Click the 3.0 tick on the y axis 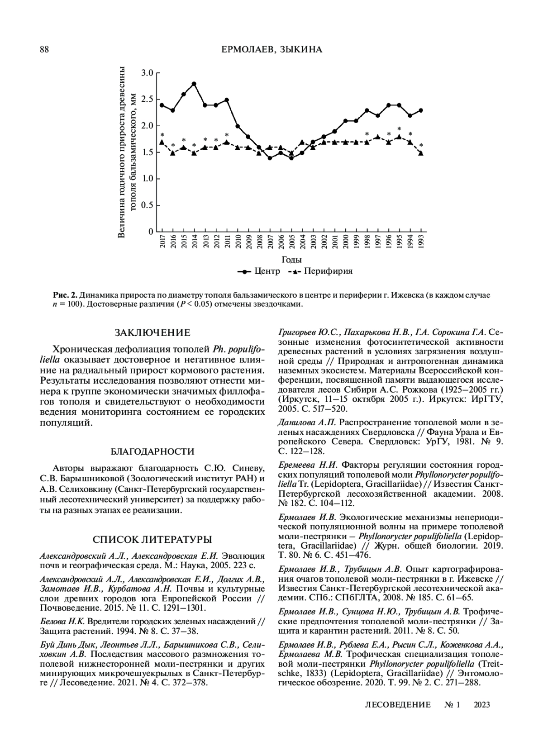[x=148, y=72]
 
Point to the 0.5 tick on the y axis [x=148, y=205]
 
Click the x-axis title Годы [x=292, y=260]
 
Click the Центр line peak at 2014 [x=194, y=84]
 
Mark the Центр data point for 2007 [x=270, y=158]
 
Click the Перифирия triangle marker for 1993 [x=421, y=153]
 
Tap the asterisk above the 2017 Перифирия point [x=162, y=135]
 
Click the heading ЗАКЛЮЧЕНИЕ [x=152, y=333]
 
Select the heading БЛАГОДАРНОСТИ [x=152, y=451]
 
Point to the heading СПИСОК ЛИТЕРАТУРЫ [x=152, y=540]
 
